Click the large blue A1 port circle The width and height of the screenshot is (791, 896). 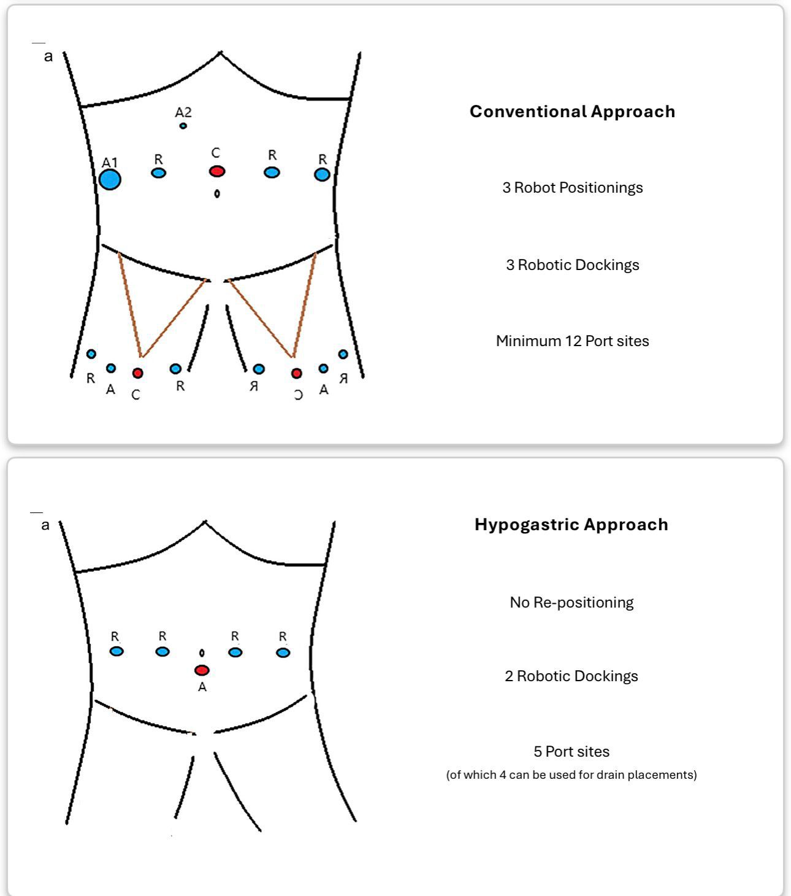point(110,179)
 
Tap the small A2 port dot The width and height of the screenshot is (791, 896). point(183,126)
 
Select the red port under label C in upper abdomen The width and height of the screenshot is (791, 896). point(216,171)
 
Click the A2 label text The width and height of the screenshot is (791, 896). point(183,112)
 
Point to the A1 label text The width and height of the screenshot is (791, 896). point(109,163)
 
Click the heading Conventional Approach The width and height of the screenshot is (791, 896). point(572,112)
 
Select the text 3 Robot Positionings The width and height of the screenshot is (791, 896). point(572,188)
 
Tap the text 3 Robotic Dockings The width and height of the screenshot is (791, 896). point(572,265)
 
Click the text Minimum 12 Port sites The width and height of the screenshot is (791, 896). point(572,341)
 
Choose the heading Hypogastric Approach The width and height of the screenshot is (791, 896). point(571,525)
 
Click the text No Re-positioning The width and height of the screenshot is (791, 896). point(571,603)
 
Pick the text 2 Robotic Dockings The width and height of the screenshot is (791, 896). point(571,676)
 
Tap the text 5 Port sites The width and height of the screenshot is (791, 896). point(571,752)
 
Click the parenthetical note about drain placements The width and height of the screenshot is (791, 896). point(571,775)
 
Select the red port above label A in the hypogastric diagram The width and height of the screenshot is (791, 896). point(202,670)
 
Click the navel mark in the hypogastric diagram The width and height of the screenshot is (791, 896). point(202,653)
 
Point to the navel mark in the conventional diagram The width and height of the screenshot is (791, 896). point(216,194)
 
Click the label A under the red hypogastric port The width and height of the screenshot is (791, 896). point(202,687)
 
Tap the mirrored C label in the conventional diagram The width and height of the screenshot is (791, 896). point(298,395)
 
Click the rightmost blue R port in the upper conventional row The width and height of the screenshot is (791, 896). point(322,175)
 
